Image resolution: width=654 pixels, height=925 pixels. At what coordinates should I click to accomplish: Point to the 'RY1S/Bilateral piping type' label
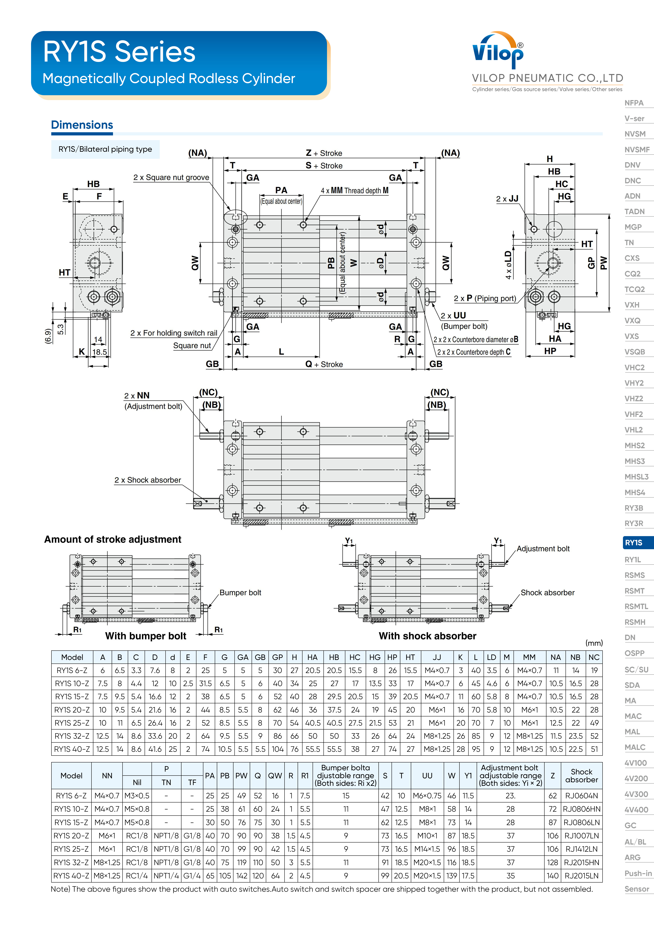coord(105,149)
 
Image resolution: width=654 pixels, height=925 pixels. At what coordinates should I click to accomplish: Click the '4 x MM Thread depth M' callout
coord(355,191)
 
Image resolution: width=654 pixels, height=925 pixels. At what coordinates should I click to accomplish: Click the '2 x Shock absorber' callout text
coord(147,480)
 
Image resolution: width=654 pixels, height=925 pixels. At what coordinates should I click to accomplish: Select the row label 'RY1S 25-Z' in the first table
coord(72,723)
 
